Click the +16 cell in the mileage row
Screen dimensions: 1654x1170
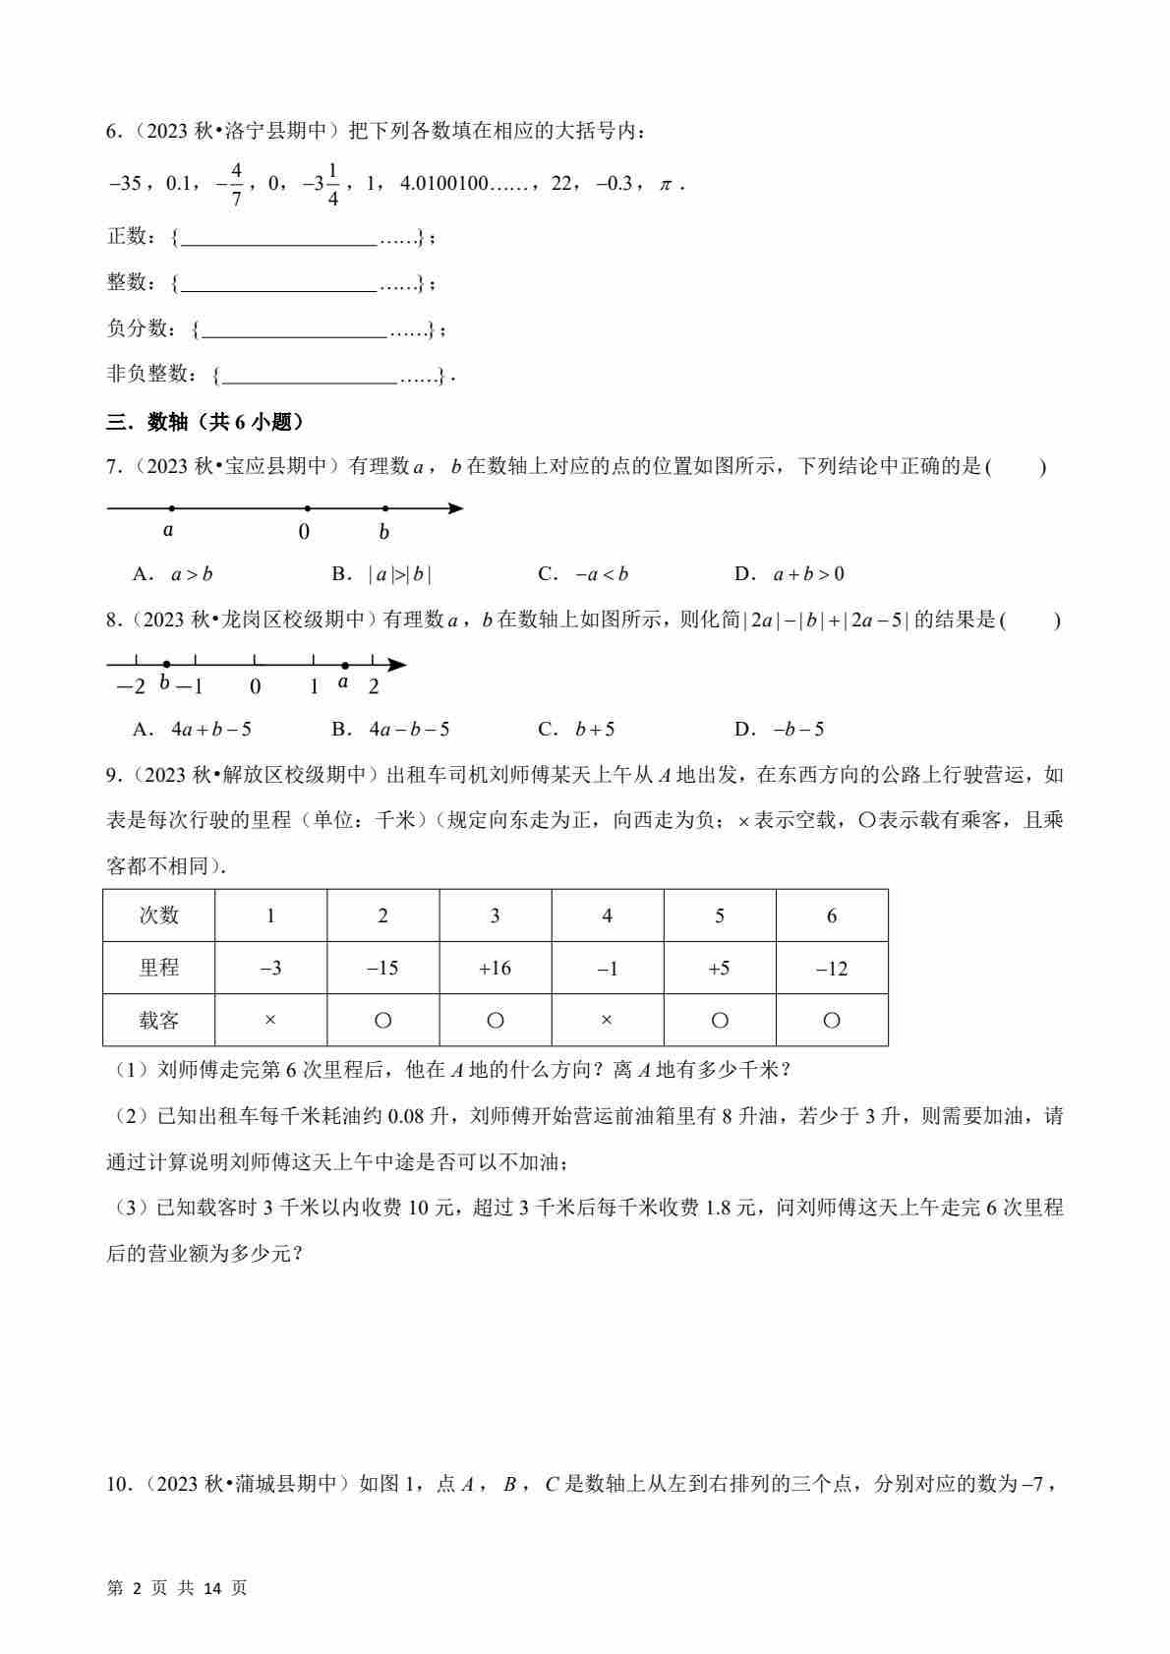click(495, 969)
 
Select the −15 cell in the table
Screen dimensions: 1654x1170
click(382, 969)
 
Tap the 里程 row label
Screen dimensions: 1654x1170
click(158, 969)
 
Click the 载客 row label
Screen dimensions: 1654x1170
click(158, 1021)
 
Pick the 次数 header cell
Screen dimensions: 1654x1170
click(158, 916)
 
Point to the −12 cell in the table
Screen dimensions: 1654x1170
click(831, 969)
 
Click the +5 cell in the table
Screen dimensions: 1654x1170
click(719, 969)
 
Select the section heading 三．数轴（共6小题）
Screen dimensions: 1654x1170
click(205, 422)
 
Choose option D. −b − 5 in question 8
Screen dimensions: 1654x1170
click(780, 730)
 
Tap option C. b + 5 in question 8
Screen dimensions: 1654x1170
click(577, 730)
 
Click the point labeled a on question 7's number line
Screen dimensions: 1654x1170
click(172, 508)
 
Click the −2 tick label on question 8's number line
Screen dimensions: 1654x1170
click(131, 686)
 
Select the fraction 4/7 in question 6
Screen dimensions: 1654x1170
click(236, 183)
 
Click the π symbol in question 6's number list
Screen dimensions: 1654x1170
click(666, 184)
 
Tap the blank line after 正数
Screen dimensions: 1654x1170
click(279, 237)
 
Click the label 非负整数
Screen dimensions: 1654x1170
click(146, 374)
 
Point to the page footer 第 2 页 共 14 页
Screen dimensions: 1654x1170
click(177, 1588)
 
